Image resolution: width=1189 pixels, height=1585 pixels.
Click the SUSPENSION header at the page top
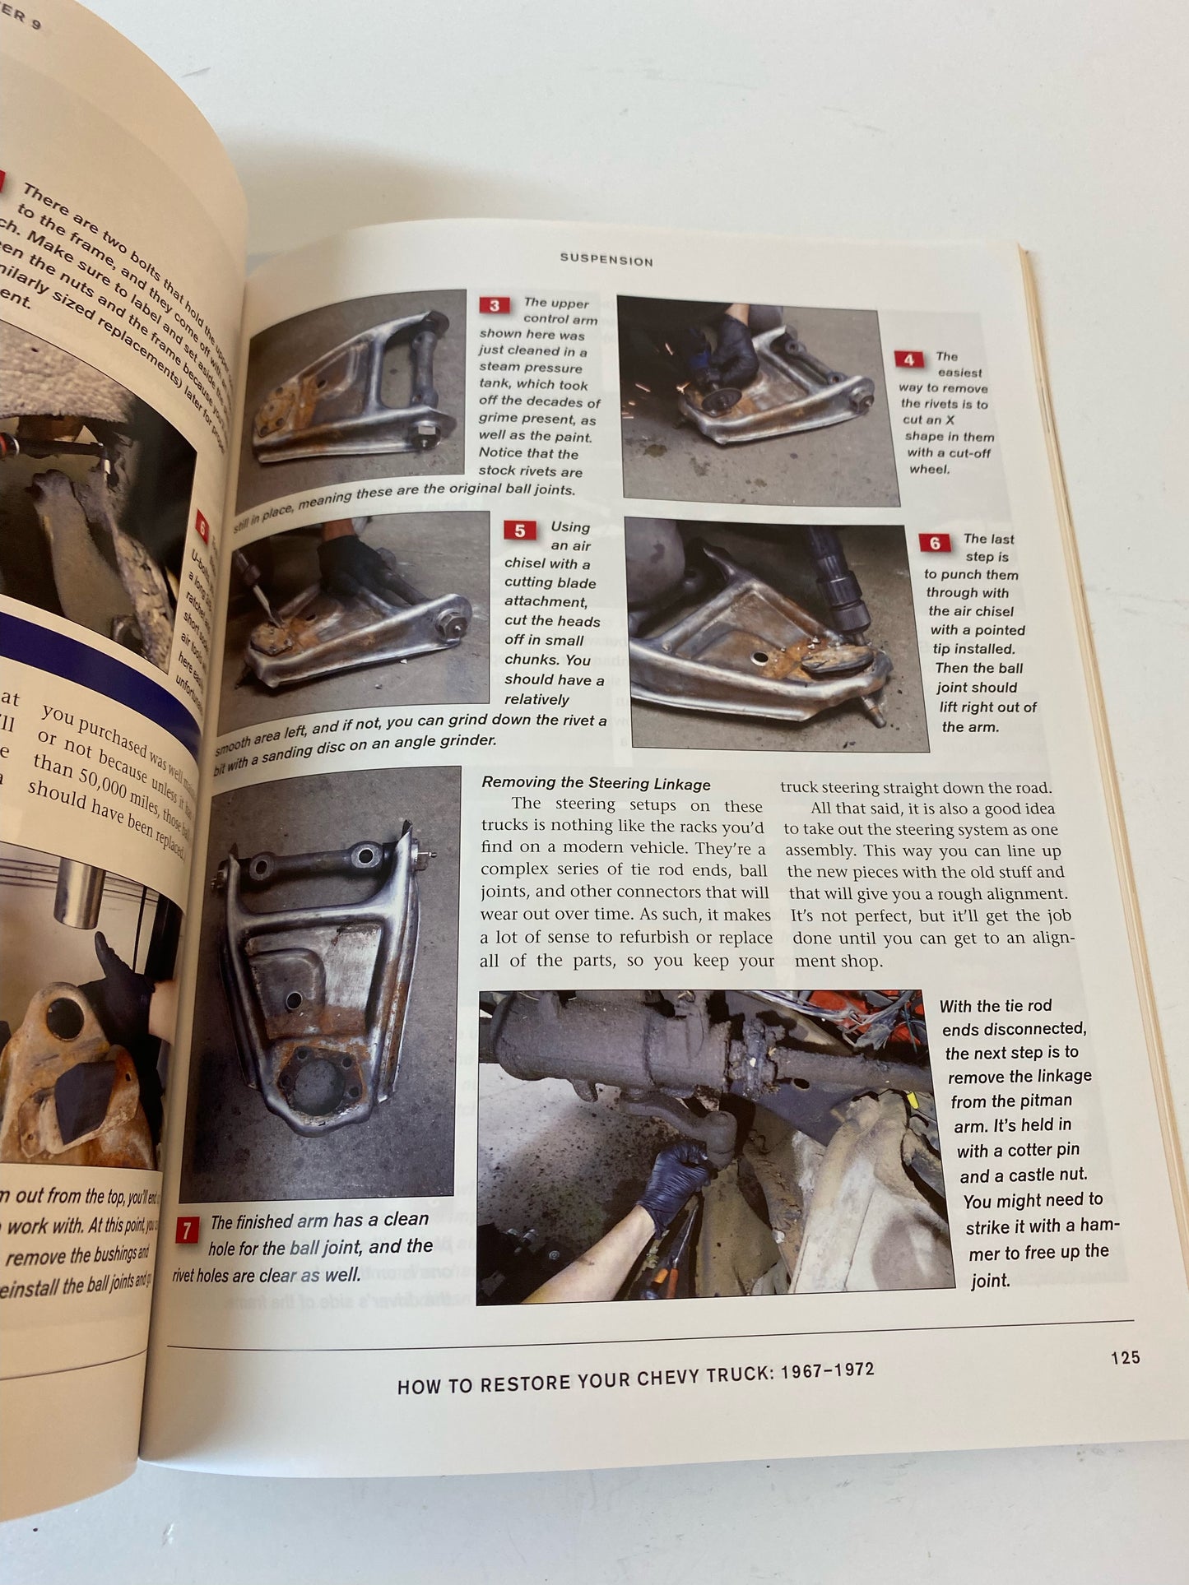coord(606,260)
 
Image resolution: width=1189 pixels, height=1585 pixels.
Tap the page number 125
coord(1125,1357)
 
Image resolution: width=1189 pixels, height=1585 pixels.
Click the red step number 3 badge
coord(494,305)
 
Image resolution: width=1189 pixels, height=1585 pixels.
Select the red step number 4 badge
coord(908,359)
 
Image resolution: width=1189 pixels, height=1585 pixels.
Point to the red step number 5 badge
coord(519,531)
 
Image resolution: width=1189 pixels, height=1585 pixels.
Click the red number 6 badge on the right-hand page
coord(935,543)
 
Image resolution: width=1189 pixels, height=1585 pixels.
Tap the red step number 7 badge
coord(187,1230)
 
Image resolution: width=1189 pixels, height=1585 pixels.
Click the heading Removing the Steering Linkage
coord(596,783)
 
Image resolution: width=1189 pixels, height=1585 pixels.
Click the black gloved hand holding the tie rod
coord(676,1178)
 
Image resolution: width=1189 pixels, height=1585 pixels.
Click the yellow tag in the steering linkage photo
coord(910,1099)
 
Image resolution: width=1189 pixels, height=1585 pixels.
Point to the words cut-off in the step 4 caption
coord(969,452)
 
